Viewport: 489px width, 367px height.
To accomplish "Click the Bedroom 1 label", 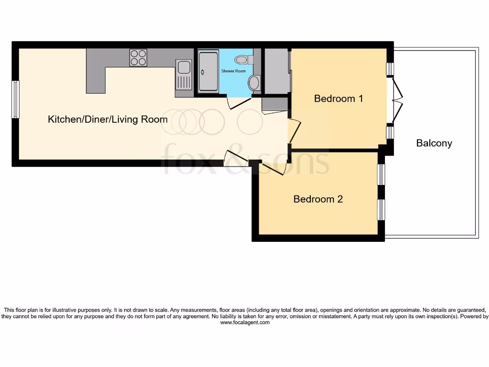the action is (339, 98).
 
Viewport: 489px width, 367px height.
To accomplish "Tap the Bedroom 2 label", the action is (318, 199).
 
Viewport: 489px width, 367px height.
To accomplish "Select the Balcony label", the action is (434, 143).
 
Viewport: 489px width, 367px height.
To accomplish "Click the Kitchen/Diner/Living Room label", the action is (107, 119).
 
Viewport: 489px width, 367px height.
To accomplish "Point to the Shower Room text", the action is (233, 71).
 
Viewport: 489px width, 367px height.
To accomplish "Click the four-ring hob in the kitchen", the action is (138, 58).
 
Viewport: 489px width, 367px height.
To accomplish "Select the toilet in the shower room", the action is (244, 59).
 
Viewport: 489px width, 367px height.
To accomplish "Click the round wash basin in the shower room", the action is (254, 83).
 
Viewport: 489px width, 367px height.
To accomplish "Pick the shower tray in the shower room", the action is (208, 72).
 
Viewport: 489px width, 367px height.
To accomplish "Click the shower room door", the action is (239, 103).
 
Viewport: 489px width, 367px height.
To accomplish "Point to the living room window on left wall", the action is (16, 99).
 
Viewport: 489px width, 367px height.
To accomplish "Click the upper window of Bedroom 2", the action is (382, 174).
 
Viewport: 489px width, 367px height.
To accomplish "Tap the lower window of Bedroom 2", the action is (382, 210).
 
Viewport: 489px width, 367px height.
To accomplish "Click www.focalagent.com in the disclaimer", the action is (245, 323).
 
